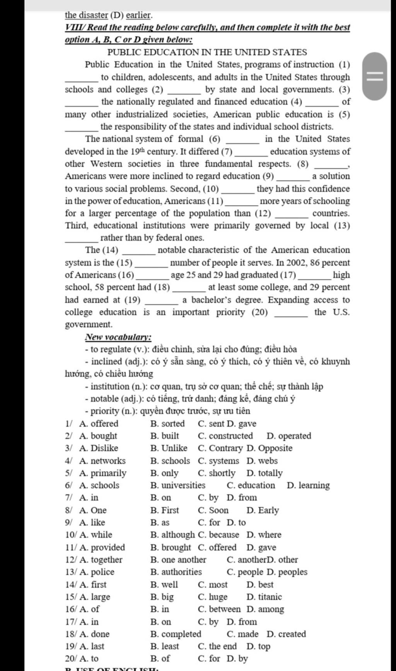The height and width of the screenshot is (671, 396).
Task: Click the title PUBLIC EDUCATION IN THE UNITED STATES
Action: click(207, 52)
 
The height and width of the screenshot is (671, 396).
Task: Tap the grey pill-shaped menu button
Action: click(374, 76)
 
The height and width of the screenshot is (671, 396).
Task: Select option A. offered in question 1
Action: click(99, 424)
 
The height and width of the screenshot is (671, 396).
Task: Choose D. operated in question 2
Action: click(288, 436)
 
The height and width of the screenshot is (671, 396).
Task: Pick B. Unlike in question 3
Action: click(169, 448)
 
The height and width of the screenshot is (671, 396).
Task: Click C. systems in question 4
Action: click(218, 461)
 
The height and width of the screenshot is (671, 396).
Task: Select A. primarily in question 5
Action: click(102, 473)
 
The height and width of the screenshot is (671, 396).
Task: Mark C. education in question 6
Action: click(251, 486)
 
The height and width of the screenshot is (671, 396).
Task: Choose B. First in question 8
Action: click(165, 510)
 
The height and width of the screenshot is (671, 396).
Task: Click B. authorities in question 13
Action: click(176, 572)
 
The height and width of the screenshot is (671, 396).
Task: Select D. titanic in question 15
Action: click(264, 597)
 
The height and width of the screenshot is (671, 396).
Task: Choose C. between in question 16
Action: click(219, 609)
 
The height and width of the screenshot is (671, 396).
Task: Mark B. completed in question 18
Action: click(176, 634)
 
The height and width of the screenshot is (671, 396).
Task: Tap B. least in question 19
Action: click(165, 646)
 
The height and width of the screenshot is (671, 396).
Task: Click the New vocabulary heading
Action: click(118, 337)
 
